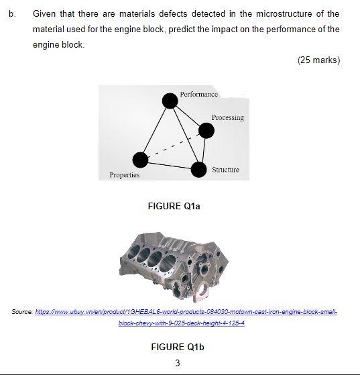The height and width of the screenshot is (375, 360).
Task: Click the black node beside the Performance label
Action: click(x=170, y=101)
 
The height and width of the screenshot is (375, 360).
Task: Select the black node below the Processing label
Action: click(x=206, y=130)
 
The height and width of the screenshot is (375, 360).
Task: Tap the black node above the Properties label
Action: click(x=140, y=160)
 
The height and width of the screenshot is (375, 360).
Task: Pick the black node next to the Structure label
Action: click(x=198, y=169)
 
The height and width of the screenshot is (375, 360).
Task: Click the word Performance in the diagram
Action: click(x=198, y=94)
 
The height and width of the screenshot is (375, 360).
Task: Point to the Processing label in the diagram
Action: click(x=227, y=117)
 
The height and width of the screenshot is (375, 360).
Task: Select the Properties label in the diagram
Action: click(x=125, y=175)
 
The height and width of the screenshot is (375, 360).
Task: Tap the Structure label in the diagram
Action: click(x=225, y=170)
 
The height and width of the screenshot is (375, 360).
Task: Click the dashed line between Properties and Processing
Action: click(x=173, y=145)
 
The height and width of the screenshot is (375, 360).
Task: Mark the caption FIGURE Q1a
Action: click(x=174, y=207)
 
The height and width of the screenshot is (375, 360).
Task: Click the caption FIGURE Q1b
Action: click(x=177, y=347)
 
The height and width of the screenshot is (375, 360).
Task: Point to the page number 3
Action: click(x=177, y=363)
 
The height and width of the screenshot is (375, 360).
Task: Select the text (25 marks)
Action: click(x=318, y=60)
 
